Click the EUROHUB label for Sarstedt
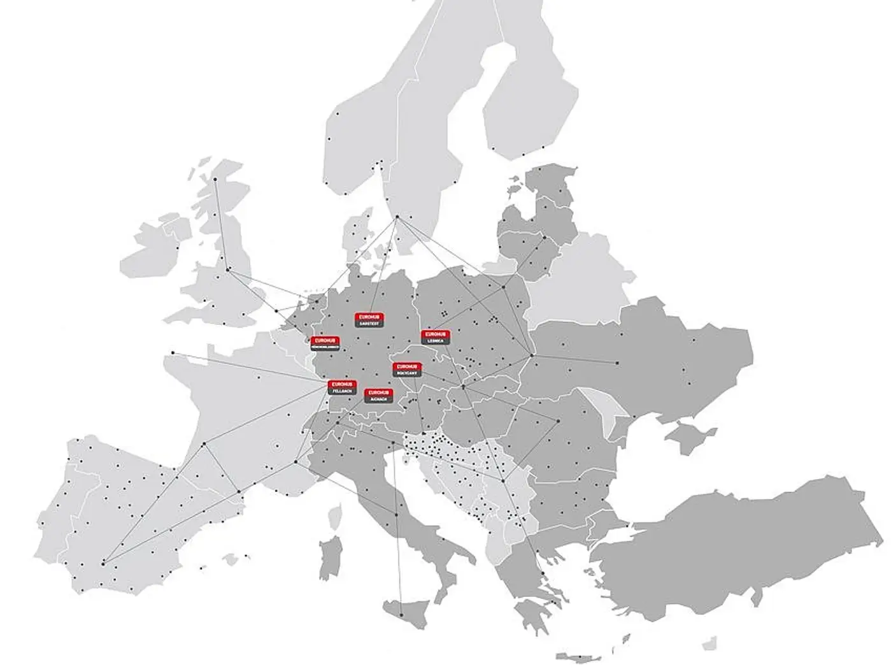pos(369,320)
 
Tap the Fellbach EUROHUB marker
pos(343,387)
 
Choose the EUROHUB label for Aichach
pos(378,395)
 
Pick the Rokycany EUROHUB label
pos(406,370)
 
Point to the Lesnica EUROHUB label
pos(436,338)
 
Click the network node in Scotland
pos(215,179)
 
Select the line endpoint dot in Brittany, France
pos(172,353)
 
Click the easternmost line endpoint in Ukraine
pos(617,363)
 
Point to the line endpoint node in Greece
pos(543,574)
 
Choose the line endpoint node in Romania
pos(558,421)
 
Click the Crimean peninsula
pos(691,440)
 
